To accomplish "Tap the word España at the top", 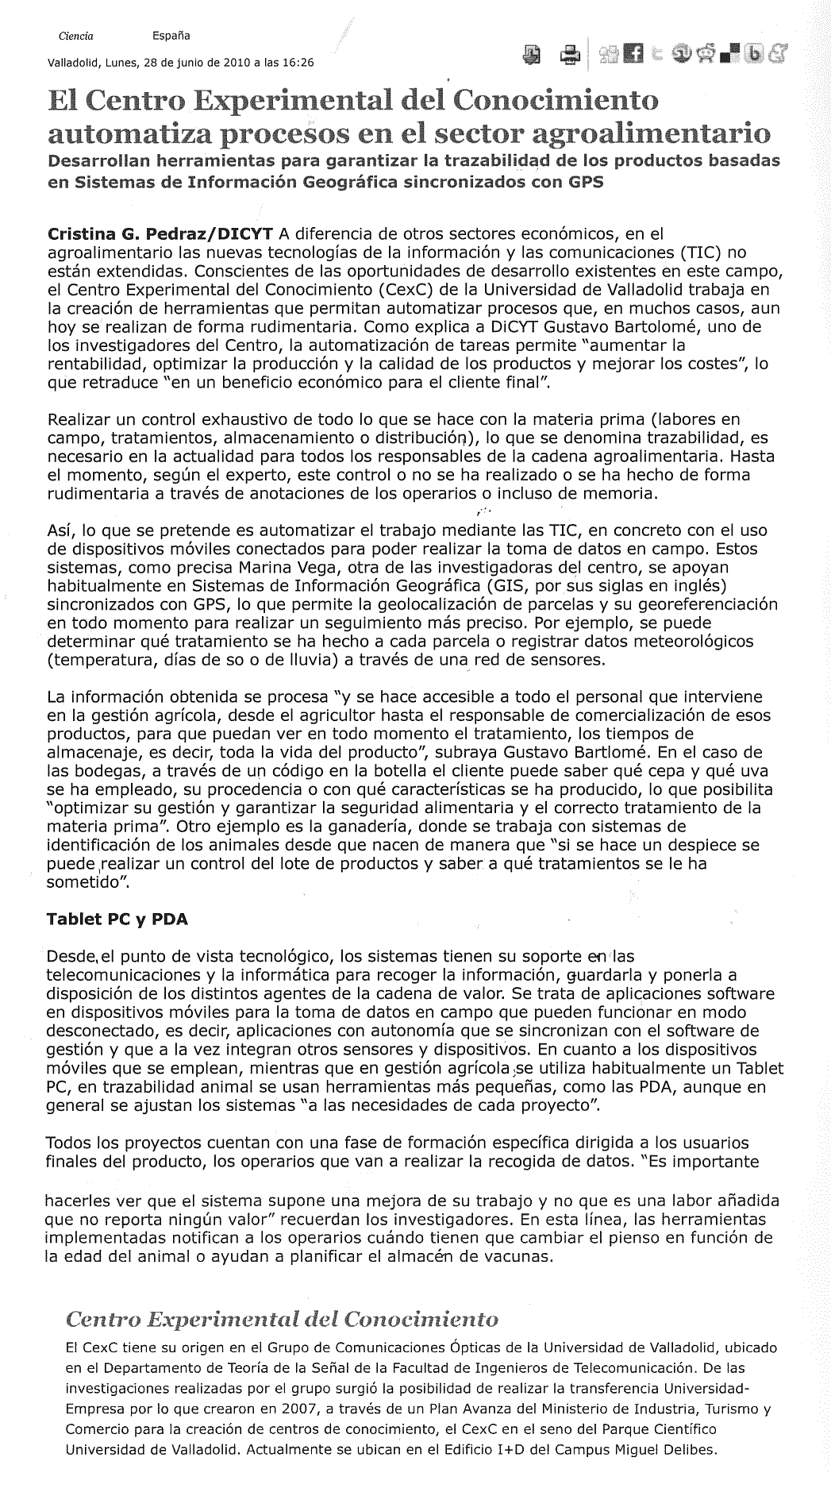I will (171, 36).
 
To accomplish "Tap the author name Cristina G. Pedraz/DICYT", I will (161, 234).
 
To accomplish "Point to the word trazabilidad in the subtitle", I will (479, 161).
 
